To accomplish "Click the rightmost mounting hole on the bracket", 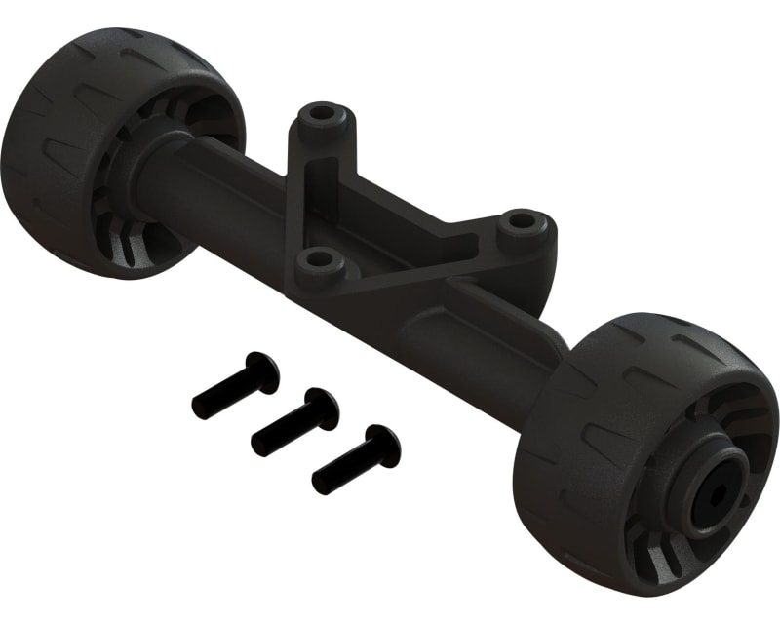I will tap(523, 223).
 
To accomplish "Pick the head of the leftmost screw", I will tap(262, 371).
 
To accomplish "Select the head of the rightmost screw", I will tap(382, 445).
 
